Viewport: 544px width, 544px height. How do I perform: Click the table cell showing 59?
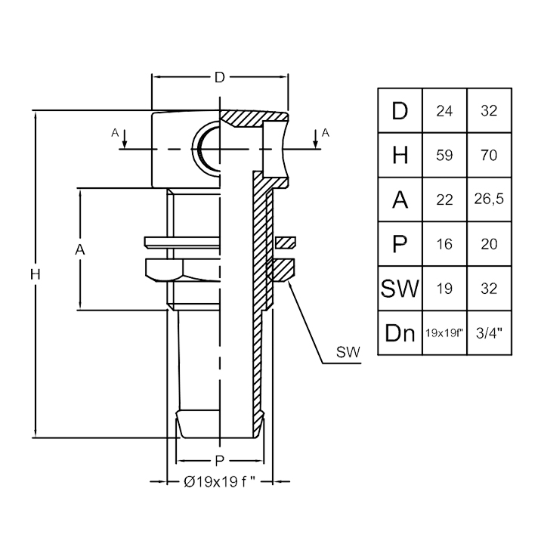tap(444, 156)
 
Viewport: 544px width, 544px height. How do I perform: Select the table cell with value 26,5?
tap(489, 199)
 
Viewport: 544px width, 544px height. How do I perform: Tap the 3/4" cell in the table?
tap(489, 332)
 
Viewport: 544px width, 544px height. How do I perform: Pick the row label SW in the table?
tap(400, 288)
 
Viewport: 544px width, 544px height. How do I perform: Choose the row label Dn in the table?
tap(400, 332)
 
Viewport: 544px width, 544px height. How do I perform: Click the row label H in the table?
tap(400, 156)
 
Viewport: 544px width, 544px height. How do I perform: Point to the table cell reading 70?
tap(489, 156)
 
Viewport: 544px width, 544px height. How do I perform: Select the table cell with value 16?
tap(444, 244)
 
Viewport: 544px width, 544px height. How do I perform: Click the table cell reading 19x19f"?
tap(444, 332)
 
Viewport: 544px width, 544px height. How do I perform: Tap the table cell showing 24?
tap(444, 111)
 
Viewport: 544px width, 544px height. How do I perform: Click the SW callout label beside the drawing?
tap(348, 351)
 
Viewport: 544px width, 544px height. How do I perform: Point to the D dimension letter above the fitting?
tap(220, 77)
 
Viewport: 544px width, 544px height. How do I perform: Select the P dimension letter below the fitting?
tap(219, 460)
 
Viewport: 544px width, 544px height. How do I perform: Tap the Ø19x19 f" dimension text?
tap(220, 481)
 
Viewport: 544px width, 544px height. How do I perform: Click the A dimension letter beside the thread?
tap(79, 249)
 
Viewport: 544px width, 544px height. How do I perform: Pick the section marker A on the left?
tap(116, 134)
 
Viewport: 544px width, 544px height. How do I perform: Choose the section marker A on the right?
tap(326, 134)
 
